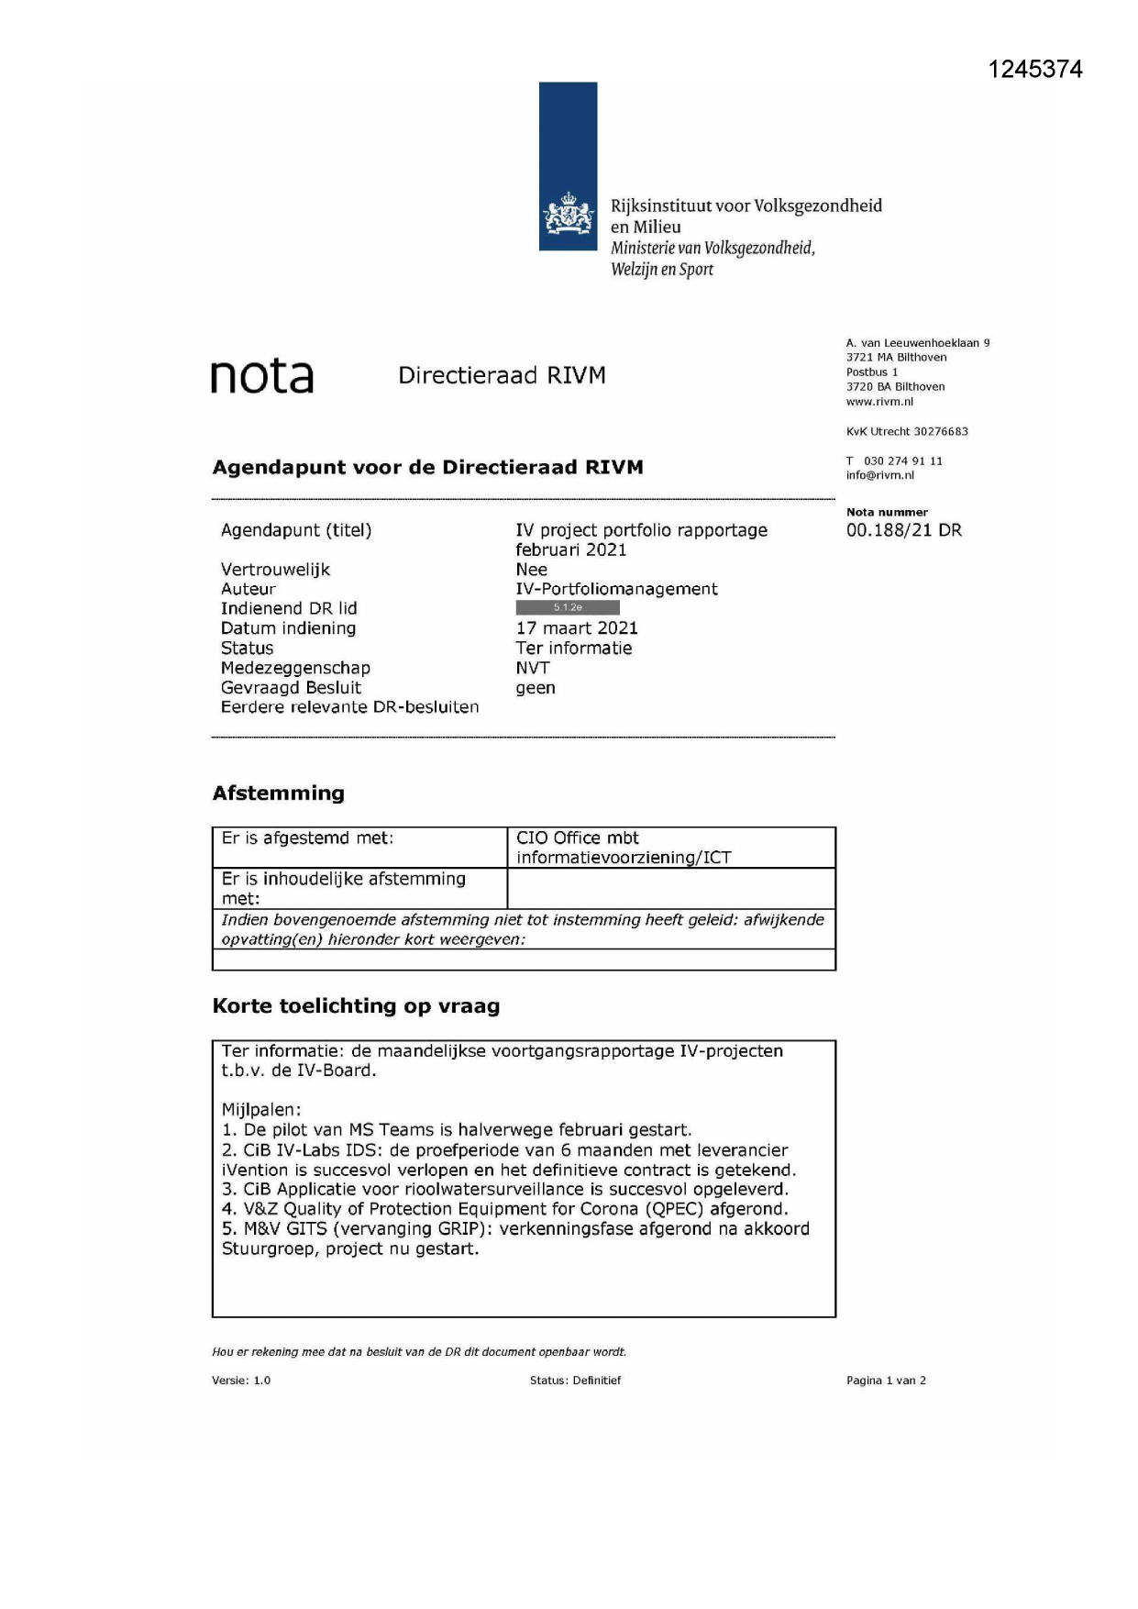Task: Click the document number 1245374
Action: pyautogui.click(x=1034, y=70)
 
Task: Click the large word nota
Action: pyautogui.click(x=262, y=376)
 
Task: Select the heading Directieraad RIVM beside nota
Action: pyautogui.click(x=502, y=375)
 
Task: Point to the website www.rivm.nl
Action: pyautogui.click(x=879, y=402)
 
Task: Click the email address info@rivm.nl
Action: pyautogui.click(x=879, y=475)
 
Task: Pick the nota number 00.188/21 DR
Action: pyautogui.click(x=903, y=530)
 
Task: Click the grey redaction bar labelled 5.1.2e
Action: pyautogui.click(x=568, y=608)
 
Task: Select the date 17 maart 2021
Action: pyautogui.click(x=577, y=628)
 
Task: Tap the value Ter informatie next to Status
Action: pyautogui.click(x=574, y=649)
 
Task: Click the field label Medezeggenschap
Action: pyautogui.click(x=295, y=668)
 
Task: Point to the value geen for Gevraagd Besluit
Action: pyautogui.click(x=536, y=688)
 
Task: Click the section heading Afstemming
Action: pyautogui.click(x=278, y=793)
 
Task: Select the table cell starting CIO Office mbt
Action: pyautogui.click(x=624, y=848)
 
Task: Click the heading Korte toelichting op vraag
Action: pyautogui.click(x=356, y=1006)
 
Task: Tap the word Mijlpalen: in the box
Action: pyautogui.click(x=261, y=1110)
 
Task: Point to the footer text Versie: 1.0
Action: pyautogui.click(x=241, y=1381)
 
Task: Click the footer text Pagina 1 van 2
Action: pyautogui.click(x=886, y=1381)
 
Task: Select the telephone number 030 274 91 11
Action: pyautogui.click(x=902, y=461)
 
